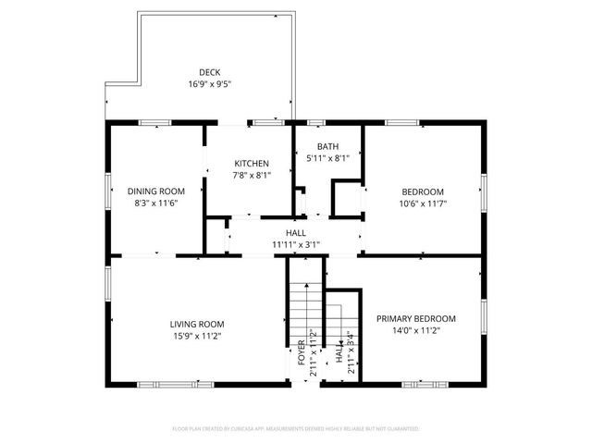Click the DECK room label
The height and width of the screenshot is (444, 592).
(208, 72)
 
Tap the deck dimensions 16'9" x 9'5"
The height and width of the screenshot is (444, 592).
(208, 83)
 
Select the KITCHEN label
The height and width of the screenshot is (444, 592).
(250, 163)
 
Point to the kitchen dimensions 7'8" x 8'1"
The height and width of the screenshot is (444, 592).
(250, 174)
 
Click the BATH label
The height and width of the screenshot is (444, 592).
(327, 147)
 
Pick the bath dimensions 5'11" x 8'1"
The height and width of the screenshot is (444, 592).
(327, 158)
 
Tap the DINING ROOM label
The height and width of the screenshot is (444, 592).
(152, 191)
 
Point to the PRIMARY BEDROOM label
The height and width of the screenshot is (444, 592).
(415, 318)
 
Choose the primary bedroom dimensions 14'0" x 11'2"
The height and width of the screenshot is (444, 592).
(415, 330)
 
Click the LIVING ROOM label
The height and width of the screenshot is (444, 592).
(197, 324)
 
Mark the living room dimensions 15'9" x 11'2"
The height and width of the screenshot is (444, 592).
(197, 336)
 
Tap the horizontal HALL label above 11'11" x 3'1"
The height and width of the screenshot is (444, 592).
(295, 233)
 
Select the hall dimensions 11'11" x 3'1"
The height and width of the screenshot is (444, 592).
(295, 244)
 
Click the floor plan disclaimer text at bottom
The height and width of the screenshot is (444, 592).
(296, 429)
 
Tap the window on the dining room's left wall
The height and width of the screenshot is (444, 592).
(107, 191)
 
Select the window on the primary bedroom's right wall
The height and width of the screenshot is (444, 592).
(484, 315)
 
